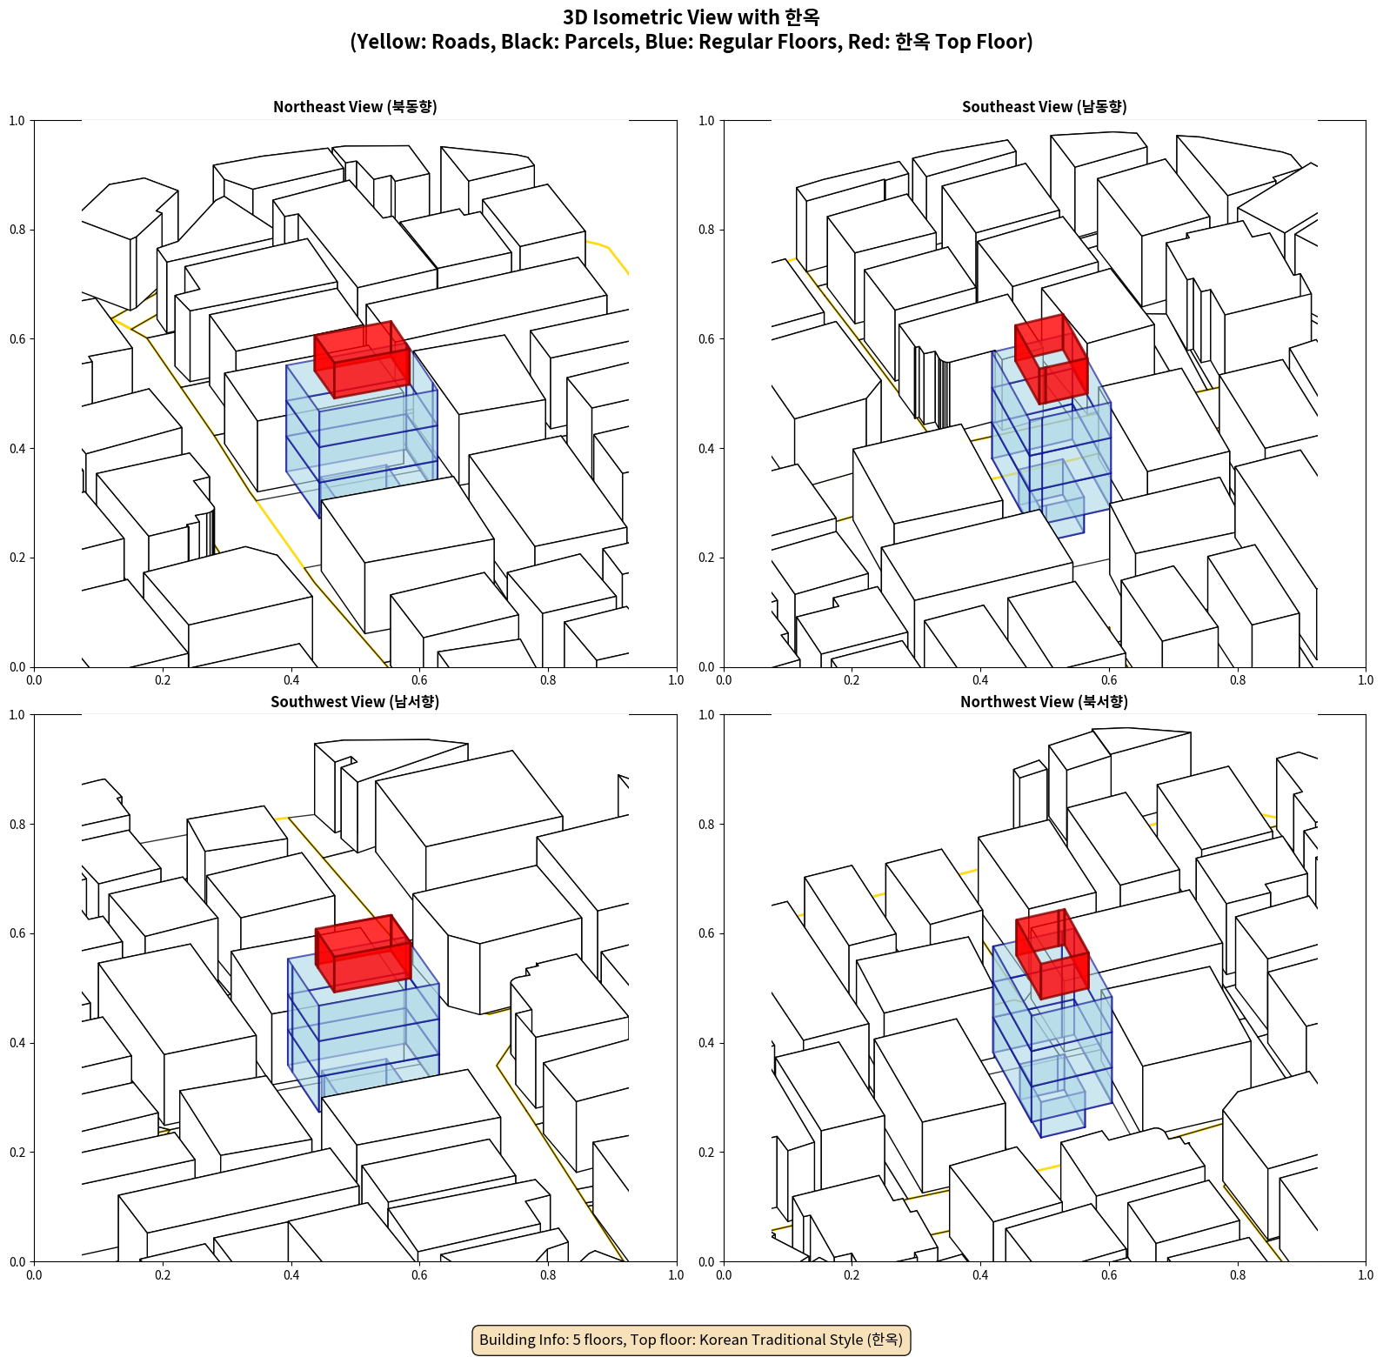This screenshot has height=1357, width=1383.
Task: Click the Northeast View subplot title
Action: pos(355,107)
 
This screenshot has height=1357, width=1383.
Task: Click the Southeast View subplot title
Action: pos(1044,107)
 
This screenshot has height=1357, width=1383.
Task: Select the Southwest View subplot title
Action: pos(355,702)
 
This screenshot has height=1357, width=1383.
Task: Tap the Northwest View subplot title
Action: pos(1044,702)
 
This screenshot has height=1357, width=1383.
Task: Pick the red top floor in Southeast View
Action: pos(1051,359)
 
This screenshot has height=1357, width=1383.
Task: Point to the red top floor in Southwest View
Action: pos(363,954)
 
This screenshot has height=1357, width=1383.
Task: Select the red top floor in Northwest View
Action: pos(1052,954)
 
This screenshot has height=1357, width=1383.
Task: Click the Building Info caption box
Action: pos(691,1340)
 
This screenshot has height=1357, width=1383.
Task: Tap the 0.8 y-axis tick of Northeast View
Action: pos(17,230)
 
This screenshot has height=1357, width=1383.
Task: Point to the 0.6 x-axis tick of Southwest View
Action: pos(419,1275)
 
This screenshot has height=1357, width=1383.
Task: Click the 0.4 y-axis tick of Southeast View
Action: pos(706,448)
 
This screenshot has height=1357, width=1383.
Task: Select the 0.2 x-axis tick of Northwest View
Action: pos(852,1275)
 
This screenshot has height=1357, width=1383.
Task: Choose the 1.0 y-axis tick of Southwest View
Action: pos(17,715)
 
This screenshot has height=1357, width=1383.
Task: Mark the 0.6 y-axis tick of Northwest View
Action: pos(706,933)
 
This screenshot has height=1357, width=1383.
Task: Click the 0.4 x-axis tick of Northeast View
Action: pos(291,680)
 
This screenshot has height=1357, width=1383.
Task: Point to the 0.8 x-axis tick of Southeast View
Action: pos(1238,680)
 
